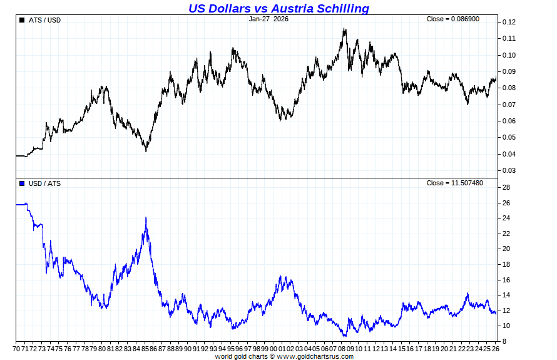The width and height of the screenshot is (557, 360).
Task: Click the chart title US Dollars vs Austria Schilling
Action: pos(278,8)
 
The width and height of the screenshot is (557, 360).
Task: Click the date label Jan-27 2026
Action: pos(268,19)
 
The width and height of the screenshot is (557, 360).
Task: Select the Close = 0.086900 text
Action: pos(453,19)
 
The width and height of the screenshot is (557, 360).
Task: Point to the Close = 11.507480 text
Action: pos(455,183)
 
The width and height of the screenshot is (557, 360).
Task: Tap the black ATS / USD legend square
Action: pos(22,20)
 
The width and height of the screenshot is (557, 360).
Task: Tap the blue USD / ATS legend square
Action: pos(22,183)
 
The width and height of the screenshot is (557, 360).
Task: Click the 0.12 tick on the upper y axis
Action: pos(508,22)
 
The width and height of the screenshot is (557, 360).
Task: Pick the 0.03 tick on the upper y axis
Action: pos(508,170)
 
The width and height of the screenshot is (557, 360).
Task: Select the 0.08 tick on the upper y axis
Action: pos(508,88)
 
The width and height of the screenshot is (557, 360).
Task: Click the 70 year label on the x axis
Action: pos(17,348)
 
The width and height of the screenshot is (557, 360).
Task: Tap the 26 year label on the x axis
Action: pos(496,348)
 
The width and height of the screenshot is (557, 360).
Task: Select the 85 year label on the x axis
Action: pos(145,348)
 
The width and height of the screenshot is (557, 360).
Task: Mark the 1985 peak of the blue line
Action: pos(146,217)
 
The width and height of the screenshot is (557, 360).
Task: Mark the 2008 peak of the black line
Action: pos(344,28)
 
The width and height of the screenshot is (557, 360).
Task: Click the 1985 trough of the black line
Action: pos(146,151)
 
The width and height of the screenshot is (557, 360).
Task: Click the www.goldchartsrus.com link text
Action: pos(315,356)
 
